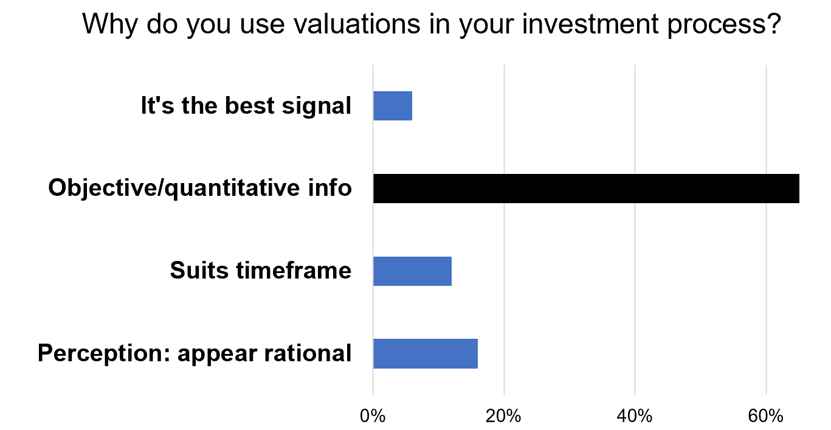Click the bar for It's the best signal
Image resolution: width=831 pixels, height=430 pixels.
[x=393, y=106]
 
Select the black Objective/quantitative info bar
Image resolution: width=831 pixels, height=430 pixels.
[x=586, y=189]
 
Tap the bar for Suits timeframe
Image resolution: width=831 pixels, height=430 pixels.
[x=412, y=271]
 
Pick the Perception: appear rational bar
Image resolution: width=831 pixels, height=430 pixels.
[x=426, y=354]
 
